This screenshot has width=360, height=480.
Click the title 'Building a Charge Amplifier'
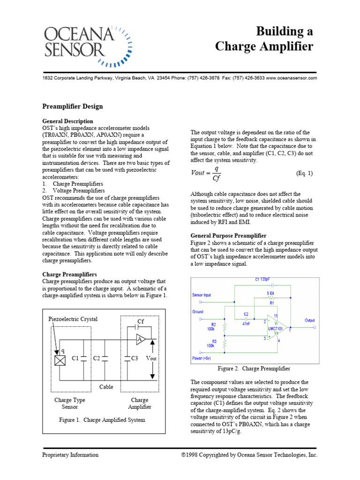pyautogui.click(x=264, y=39)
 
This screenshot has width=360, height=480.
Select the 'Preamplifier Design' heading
pyautogui.click(x=73, y=106)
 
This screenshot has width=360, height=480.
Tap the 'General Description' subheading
pyautogui.click(x=68, y=121)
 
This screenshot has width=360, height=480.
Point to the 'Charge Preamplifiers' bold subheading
pyautogui.click(x=70, y=274)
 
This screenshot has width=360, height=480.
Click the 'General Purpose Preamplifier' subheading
pyautogui.click(x=228, y=235)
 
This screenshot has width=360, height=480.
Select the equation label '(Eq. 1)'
pyautogui.click(x=304, y=173)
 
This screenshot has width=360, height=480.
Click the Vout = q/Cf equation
pyautogui.click(x=206, y=173)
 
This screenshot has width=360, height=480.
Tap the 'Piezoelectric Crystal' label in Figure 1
pyautogui.click(x=73, y=319)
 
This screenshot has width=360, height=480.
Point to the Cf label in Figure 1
pyautogui.click(x=140, y=322)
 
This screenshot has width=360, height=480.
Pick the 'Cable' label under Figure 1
pyautogui.click(x=106, y=387)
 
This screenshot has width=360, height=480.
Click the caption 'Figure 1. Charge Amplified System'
pyautogui.click(x=102, y=420)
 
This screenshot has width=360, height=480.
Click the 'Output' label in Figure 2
pyautogui.click(x=310, y=320)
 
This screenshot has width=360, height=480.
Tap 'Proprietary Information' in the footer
pyautogui.click(x=70, y=455)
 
